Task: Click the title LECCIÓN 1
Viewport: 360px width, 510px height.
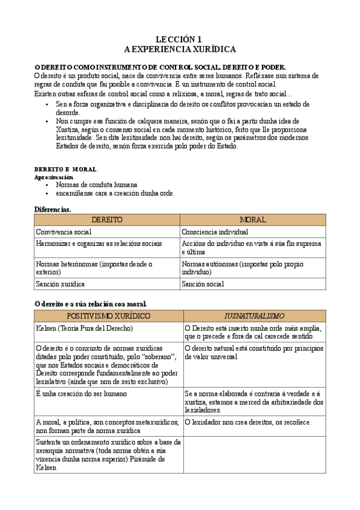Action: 180,38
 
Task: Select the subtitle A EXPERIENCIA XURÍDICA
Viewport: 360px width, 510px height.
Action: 180,49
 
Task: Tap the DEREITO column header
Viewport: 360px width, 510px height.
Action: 106,220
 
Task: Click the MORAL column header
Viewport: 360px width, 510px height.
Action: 252,220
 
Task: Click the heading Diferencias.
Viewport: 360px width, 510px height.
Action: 52,209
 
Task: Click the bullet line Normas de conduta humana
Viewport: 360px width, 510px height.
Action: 96,185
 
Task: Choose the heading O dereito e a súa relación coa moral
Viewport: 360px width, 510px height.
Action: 90,304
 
